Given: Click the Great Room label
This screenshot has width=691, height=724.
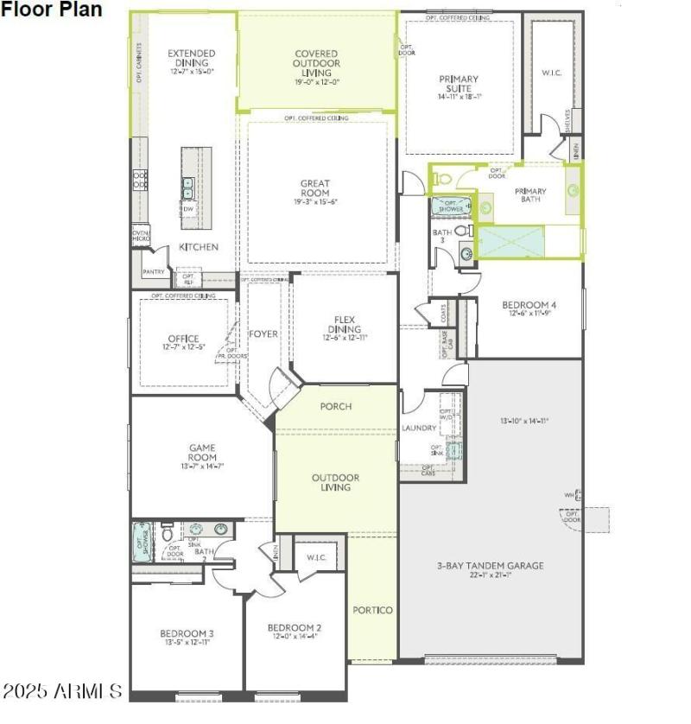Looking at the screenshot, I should [x=315, y=187].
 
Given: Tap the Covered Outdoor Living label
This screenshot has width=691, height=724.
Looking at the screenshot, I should [x=316, y=63].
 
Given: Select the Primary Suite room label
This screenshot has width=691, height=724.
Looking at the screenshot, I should [x=459, y=84].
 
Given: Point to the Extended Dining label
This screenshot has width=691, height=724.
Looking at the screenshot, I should [x=191, y=58].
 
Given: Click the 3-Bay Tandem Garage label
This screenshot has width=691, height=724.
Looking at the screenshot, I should [x=489, y=566].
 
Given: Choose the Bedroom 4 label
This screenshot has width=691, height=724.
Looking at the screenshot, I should [x=529, y=305].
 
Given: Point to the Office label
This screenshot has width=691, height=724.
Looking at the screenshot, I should [x=184, y=339].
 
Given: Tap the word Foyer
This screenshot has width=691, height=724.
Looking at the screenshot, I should [x=263, y=334].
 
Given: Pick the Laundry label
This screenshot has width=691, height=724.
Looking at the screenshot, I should [x=419, y=428].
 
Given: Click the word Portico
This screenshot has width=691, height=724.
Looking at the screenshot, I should [x=372, y=610].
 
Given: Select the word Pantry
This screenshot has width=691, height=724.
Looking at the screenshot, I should [x=154, y=272].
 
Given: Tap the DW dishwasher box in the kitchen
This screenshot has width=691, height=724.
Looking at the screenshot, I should [x=187, y=209].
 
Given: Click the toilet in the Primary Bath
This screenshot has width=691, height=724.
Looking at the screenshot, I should [x=442, y=179].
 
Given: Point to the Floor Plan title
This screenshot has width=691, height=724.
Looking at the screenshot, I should [x=51, y=10].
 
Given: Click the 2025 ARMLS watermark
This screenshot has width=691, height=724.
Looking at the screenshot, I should [x=62, y=691].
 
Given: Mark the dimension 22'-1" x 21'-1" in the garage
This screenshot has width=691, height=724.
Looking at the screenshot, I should [x=489, y=575].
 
